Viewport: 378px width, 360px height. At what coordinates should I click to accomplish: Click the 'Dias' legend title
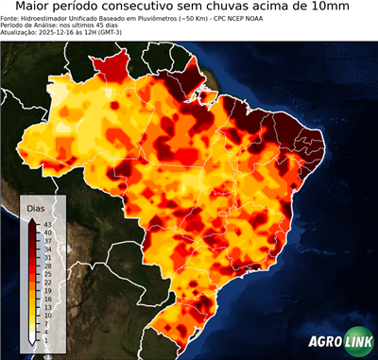pyautogui.click(x=35, y=206)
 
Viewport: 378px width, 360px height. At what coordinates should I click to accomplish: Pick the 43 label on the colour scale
pyautogui.click(x=47, y=223)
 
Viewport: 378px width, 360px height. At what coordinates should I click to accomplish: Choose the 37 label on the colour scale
pyautogui.click(x=47, y=239)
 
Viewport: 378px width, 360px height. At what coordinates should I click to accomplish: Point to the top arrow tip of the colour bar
pyautogui.click(x=33, y=218)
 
